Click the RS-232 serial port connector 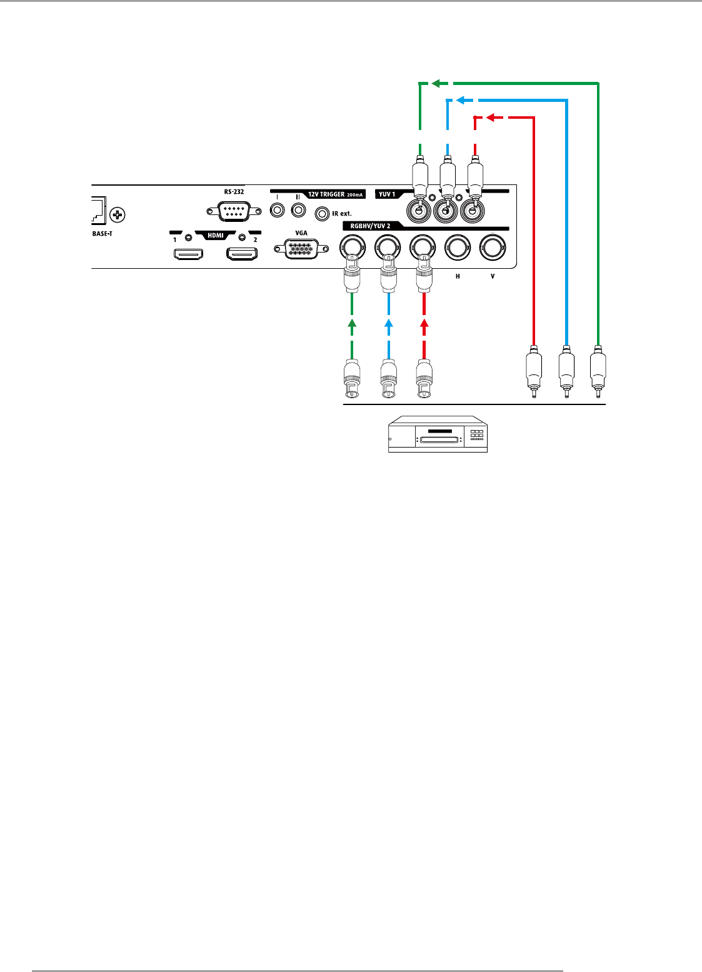(234, 212)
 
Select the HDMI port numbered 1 (188, 254)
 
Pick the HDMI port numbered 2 (243, 254)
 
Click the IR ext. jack (323, 214)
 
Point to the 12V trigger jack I (277, 210)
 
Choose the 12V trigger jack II (298, 210)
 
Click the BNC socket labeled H (457, 248)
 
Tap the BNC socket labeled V (492, 248)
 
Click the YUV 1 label (387, 194)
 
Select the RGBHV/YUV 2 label (370, 226)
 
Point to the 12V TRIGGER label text (326, 194)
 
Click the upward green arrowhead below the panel (352, 323)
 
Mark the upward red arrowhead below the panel (424, 323)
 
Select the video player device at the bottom (438, 434)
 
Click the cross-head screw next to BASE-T (118, 216)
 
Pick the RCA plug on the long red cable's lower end (533, 374)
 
